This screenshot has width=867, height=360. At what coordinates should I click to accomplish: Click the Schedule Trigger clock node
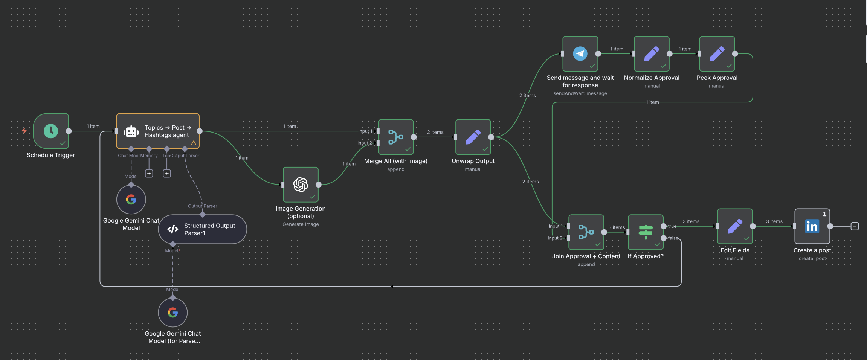pyautogui.click(x=51, y=131)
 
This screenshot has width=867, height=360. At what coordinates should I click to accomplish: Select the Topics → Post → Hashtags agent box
pyautogui.click(x=158, y=131)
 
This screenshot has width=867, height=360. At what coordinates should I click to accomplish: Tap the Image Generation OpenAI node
pyautogui.click(x=301, y=185)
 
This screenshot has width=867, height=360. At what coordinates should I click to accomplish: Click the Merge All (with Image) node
pyautogui.click(x=395, y=137)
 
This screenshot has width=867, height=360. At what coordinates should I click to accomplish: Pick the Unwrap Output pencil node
pyautogui.click(x=473, y=137)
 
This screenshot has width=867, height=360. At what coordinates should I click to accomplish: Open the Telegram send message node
pyautogui.click(x=580, y=54)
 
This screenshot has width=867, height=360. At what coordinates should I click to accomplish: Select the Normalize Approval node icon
pyautogui.click(x=652, y=54)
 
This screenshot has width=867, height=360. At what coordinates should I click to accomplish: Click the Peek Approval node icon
pyautogui.click(x=717, y=54)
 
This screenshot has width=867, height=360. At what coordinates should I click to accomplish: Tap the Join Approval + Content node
pyautogui.click(x=586, y=232)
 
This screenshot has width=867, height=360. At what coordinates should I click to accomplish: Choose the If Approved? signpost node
pyautogui.click(x=646, y=232)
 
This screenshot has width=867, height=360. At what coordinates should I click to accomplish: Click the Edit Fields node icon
pyautogui.click(x=735, y=226)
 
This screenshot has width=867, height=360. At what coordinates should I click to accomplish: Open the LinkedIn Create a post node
pyautogui.click(x=812, y=226)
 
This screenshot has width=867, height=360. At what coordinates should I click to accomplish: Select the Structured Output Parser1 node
pyautogui.click(x=202, y=229)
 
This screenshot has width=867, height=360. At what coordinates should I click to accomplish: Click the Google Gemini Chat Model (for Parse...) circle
pyautogui.click(x=173, y=313)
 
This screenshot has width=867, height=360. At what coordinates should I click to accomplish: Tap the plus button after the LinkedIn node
pyautogui.click(x=855, y=226)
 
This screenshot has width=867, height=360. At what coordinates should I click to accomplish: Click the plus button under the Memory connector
pyautogui.click(x=149, y=173)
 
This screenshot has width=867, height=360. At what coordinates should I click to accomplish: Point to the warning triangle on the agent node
pyautogui.click(x=194, y=143)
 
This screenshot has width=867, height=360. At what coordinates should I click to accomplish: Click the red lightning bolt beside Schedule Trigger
pyautogui.click(x=24, y=131)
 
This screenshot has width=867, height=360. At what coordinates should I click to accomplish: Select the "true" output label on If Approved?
pyautogui.click(x=672, y=226)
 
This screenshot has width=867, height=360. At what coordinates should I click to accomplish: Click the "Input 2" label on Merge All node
pyautogui.click(x=365, y=143)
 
